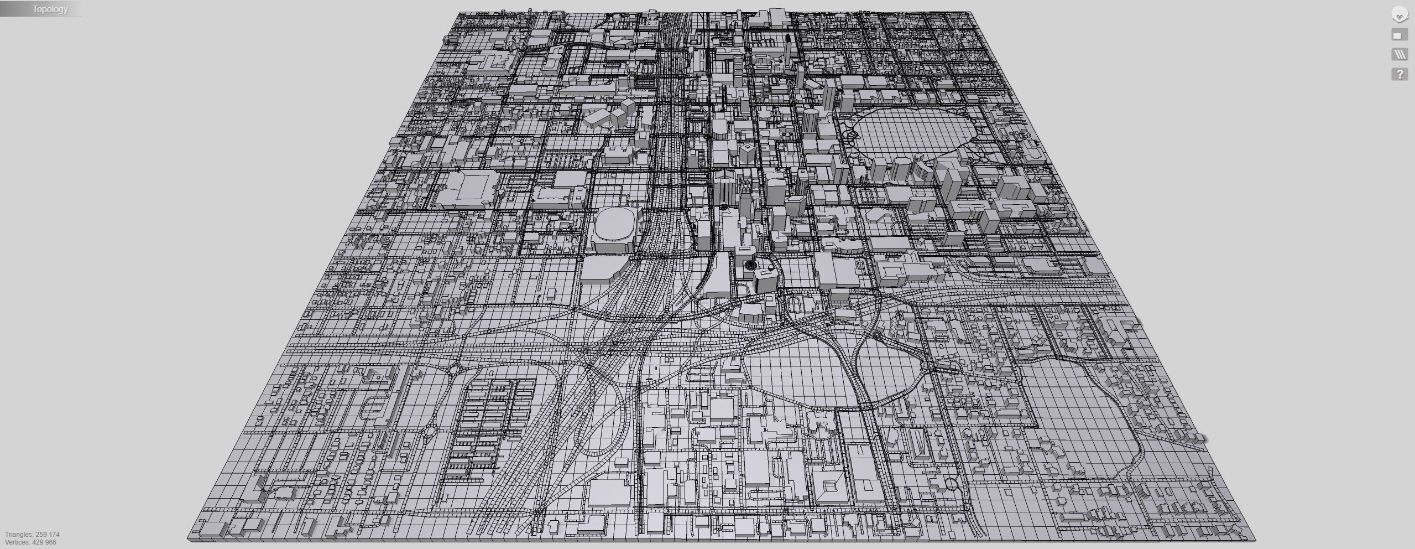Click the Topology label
click(x=50, y=9)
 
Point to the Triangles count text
click(x=32, y=535)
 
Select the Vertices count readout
click(x=30, y=542)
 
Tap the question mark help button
click(x=1400, y=74)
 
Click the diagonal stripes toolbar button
click(x=1400, y=54)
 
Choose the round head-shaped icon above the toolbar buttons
click(x=1400, y=15)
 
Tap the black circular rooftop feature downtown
click(x=749, y=265)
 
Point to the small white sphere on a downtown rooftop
click(x=770, y=268)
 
